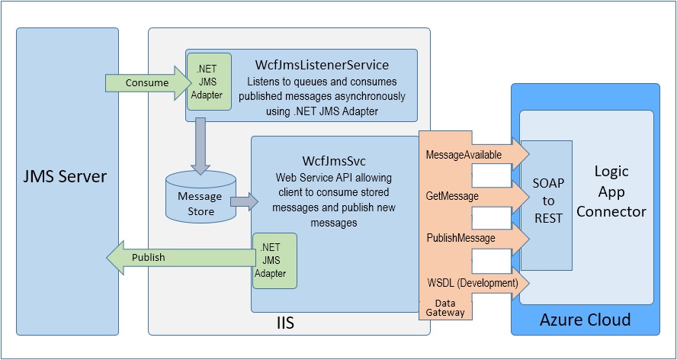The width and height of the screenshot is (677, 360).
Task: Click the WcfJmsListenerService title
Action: (322, 65)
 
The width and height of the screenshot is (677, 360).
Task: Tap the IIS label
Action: (284, 324)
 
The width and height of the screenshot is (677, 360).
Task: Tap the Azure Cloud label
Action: (585, 320)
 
